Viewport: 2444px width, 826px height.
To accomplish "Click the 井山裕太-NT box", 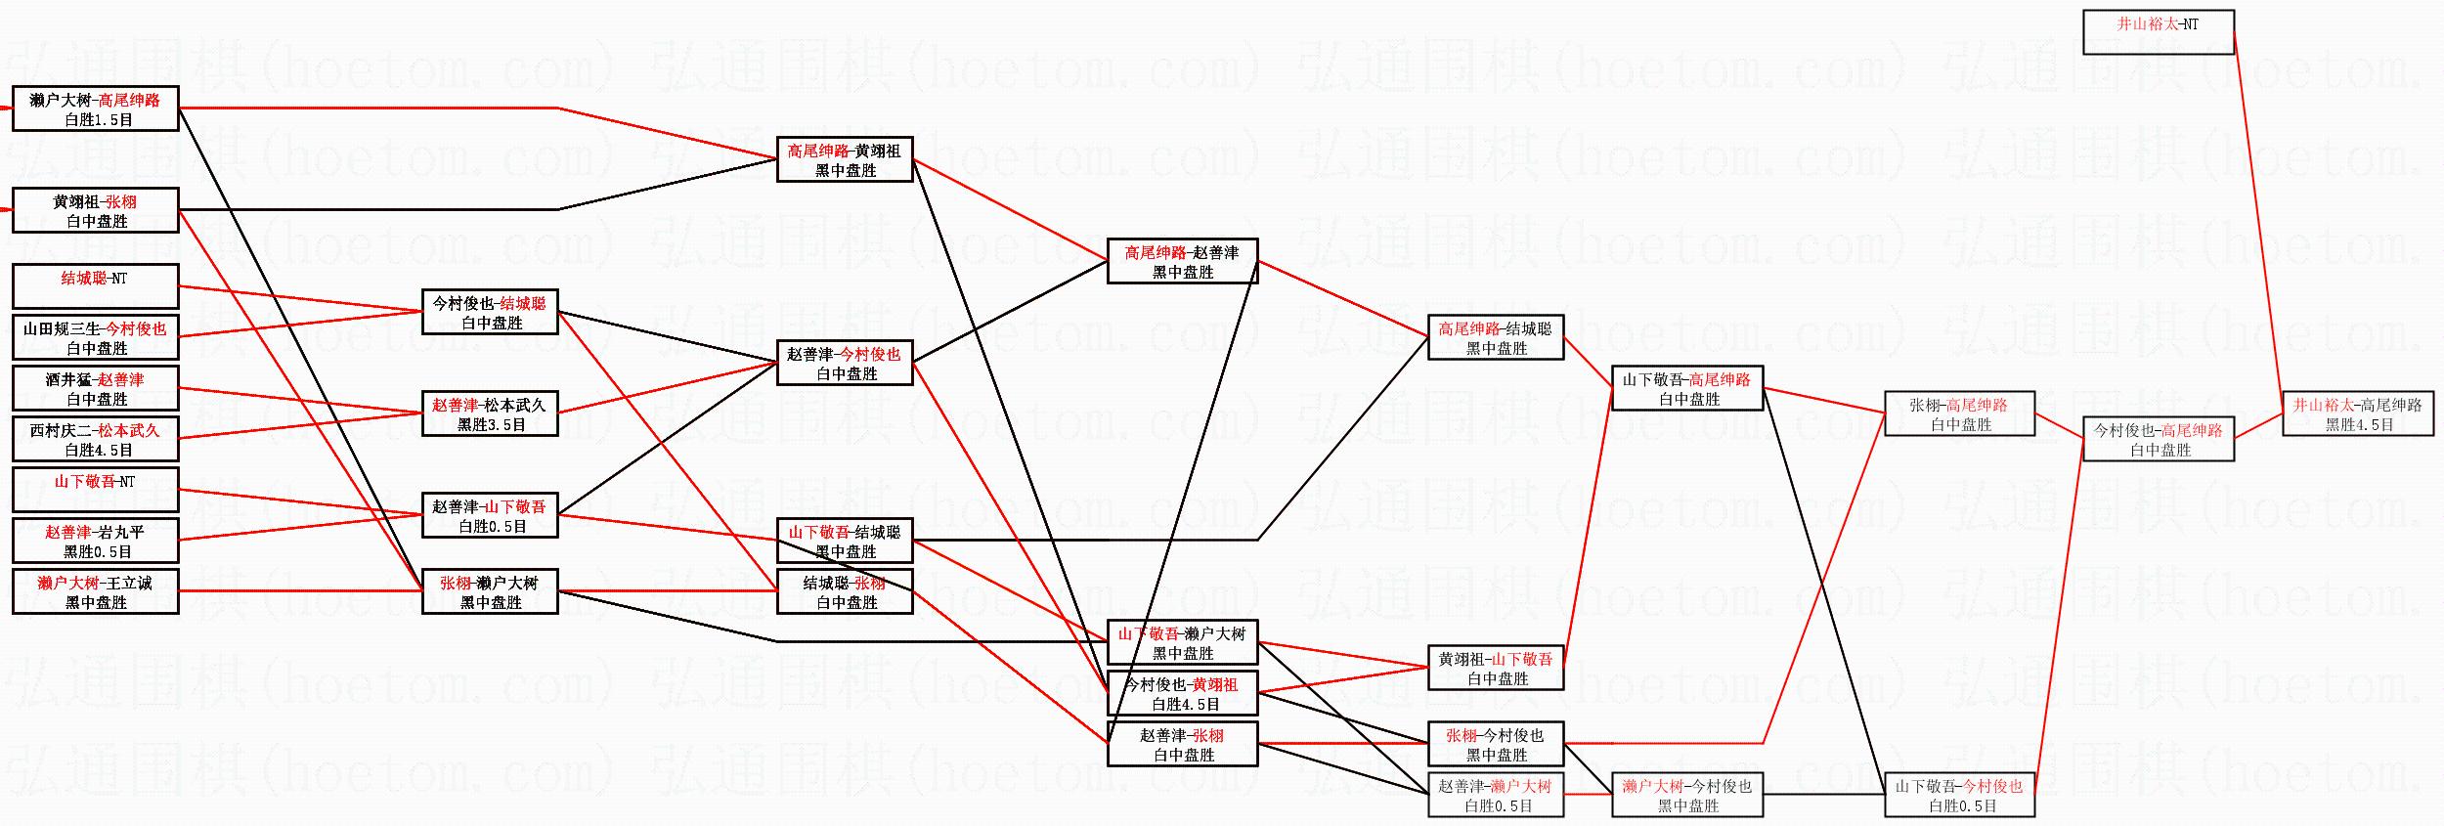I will coord(2158,32).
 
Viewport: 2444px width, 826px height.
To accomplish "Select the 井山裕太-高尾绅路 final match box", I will coord(2357,414).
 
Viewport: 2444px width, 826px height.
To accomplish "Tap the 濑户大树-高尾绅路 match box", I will coord(95,109).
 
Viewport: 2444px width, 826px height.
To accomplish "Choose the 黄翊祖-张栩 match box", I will coord(95,210).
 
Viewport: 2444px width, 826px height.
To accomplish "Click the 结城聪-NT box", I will coord(95,286).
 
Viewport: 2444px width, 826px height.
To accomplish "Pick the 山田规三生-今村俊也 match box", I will coord(95,338).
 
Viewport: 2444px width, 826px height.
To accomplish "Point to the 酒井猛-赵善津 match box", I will coord(95,389).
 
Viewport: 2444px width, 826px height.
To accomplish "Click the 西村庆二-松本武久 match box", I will coord(95,440).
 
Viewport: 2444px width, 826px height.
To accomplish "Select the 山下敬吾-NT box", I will coord(95,490).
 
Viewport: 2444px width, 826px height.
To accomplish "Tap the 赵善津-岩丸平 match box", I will coord(95,542).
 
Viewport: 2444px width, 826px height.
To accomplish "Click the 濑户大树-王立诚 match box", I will coord(95,592).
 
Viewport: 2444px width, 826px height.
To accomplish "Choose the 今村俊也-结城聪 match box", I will coord(490,313).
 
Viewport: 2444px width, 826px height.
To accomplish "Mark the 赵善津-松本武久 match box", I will coord(490,414).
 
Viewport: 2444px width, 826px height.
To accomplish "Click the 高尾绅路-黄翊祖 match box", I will coord(845,159).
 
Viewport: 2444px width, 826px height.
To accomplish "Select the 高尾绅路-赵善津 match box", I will coord(1182,261).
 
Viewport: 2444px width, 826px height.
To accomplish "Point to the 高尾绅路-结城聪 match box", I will coord(1495,338).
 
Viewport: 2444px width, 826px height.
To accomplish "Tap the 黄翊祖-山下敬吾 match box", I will coord(1495,669).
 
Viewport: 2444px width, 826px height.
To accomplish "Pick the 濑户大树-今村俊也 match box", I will coord(1686,796).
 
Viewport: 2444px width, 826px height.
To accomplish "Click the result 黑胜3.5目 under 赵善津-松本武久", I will coord(491,425).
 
